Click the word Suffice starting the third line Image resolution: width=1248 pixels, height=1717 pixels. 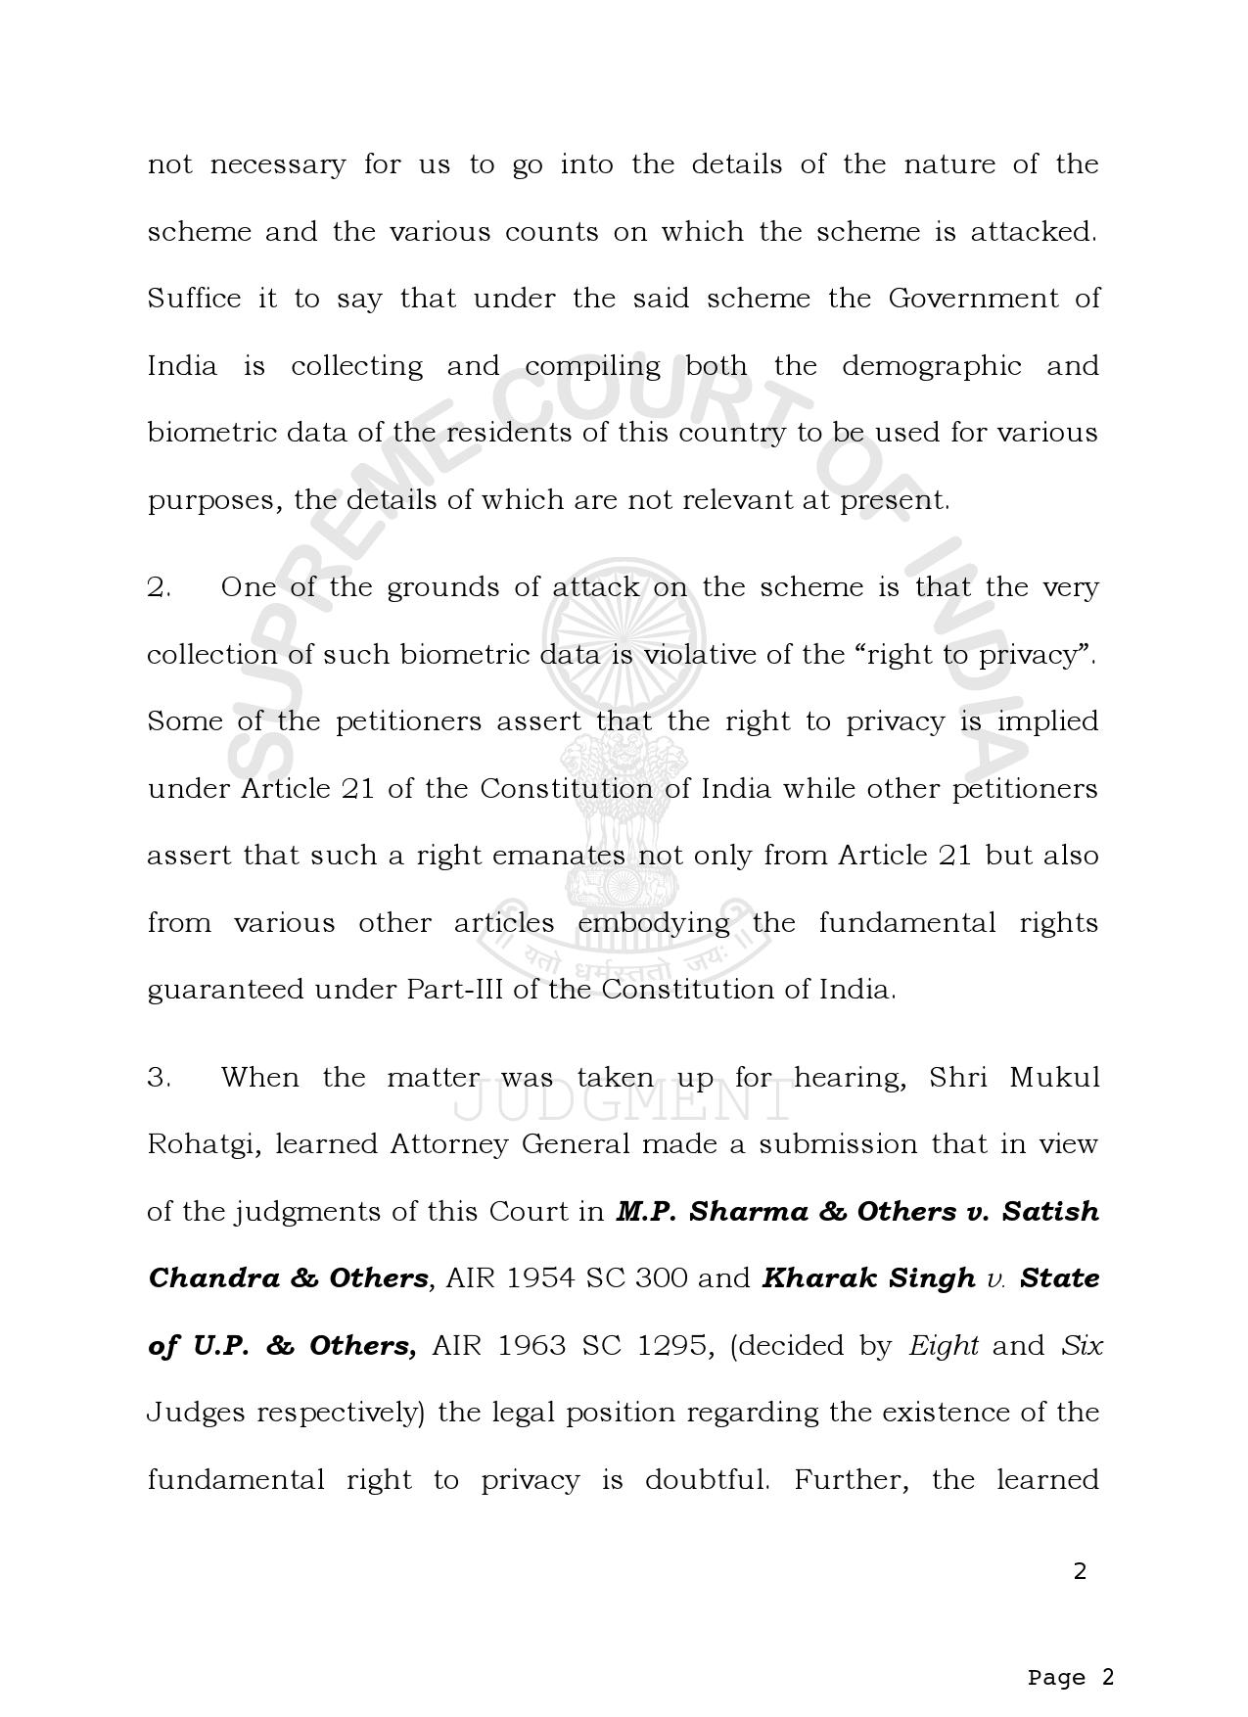click(x=194, y=299)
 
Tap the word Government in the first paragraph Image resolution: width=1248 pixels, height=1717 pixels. click(x=973, y=299)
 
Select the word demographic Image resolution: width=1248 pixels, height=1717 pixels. click(x=931, y=367)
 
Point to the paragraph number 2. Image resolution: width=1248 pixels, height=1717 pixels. click(x=160, y=588)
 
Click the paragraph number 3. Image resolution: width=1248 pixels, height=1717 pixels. click(x=160, y=1079)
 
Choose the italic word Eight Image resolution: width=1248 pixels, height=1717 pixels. click(x=944, y=1347)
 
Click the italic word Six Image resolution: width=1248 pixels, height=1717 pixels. click(x=1082, y=1347)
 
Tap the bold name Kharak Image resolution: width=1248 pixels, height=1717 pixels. click(x=817, y=1279)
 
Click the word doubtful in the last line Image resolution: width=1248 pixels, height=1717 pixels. click(x=707, y=1480)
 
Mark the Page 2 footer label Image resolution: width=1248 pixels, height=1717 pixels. click(x=1071, y=1650)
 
